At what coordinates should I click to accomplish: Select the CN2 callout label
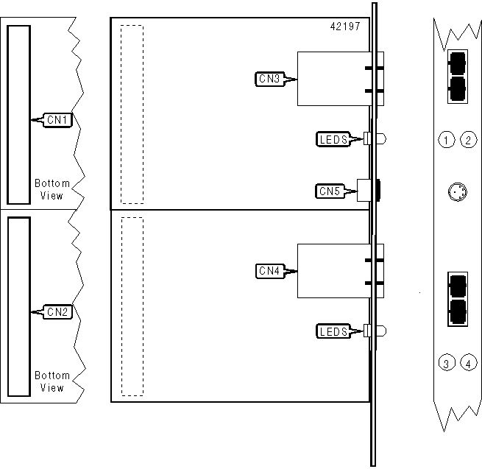pyautogui.click(x=57, y=311)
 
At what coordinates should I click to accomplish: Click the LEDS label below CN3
pyautogui.click(x=332, y=138)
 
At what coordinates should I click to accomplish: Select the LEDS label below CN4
pyautogui.click(x=332, y=331)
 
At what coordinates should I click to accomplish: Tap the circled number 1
pyautogui.click(x=445, y=139)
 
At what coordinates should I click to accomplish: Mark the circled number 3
pyautogui.click(x=445, y=362)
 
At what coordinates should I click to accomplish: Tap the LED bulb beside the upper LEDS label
pyautogui.click(x=380, y=138)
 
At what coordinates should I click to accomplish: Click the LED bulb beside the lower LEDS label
pyautogui.click(x=380, y=331)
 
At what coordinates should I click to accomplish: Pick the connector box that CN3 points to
pyautogui.click(x=331, y=79)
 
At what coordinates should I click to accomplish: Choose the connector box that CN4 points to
pyautogui.click(x=331, y=271)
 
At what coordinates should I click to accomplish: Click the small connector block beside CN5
pyautogui.click(x=362, y=191)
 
